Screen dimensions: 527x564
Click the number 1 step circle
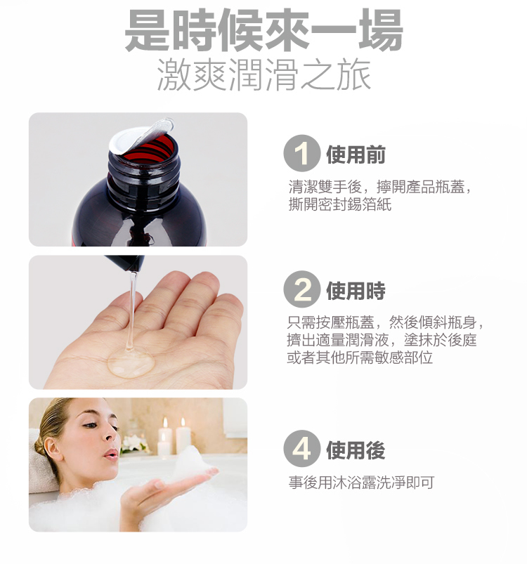point(302,153)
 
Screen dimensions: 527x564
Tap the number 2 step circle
point(302,289)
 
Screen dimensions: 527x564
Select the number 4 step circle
point(302,448)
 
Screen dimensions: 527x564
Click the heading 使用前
point(356,155)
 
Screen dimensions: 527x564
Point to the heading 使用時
point(356,291)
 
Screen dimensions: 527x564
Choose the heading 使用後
point(356,450)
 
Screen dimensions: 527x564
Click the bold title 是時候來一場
point(263,29)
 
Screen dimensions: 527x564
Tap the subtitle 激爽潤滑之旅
point(264,75)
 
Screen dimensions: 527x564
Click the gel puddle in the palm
point(131,362)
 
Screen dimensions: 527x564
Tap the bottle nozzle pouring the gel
point(126,263)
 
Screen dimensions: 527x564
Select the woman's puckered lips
point(111,454)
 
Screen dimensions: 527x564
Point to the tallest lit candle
point(183,437)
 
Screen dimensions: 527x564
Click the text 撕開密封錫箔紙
point(340,204)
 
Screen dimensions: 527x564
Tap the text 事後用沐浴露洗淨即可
point(362,483)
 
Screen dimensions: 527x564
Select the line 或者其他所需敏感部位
point(360,358)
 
